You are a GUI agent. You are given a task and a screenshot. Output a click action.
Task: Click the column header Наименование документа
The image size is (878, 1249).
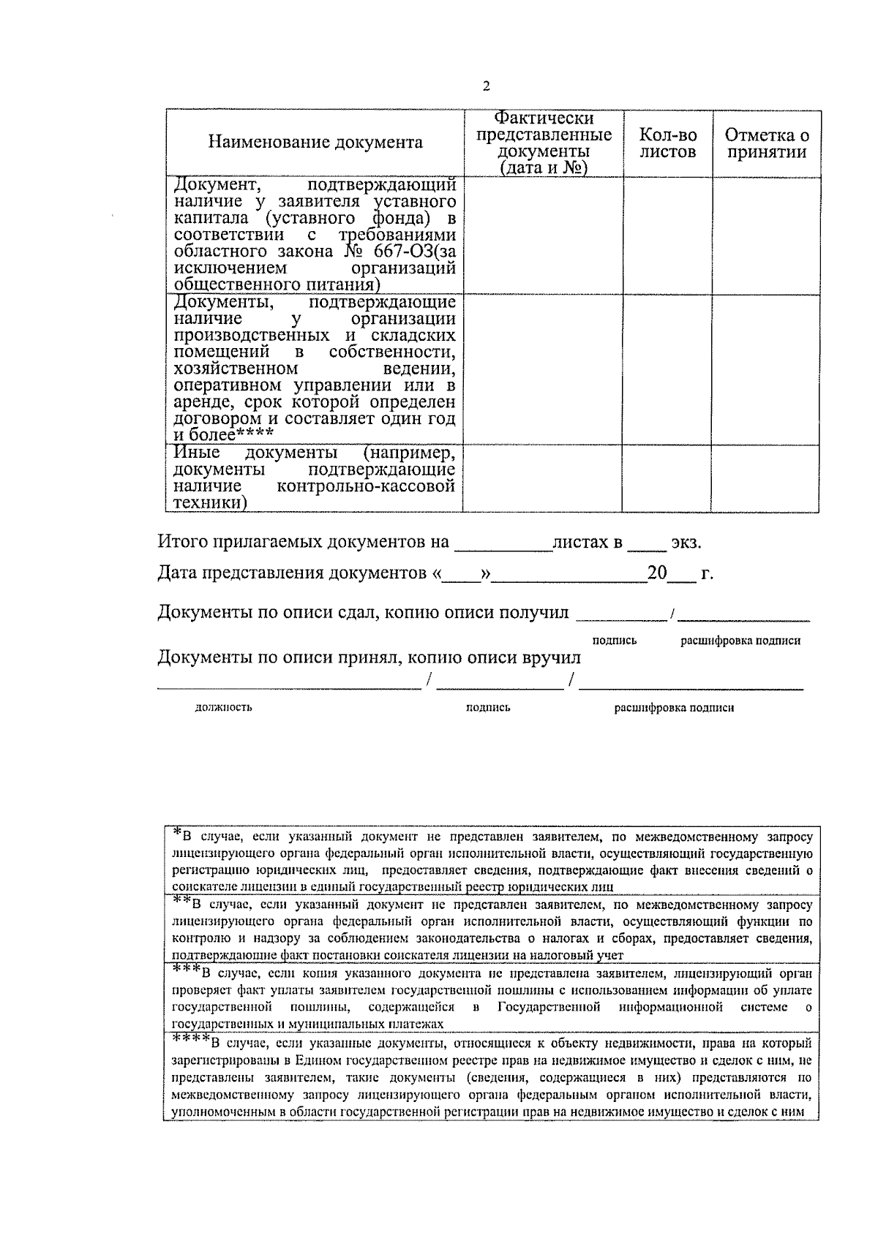click(x=315, y=142)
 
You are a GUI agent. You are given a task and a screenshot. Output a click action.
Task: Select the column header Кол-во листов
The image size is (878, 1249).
click(x=667, y=143)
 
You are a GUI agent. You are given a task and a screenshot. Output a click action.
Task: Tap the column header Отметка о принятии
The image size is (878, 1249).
click(x=766, y=143)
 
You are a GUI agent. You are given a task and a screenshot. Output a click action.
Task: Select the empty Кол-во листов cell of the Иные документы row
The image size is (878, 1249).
click(x=666, y=478)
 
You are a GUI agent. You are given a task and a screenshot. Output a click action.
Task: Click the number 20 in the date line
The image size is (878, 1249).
click(x=656, y=573)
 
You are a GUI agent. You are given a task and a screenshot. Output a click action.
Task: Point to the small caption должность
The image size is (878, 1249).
click(x=224, y=708)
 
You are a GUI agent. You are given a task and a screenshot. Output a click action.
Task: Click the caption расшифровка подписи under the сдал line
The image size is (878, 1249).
click(x=740, y=641)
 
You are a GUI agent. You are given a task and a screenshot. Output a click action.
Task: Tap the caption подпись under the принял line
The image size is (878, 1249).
click(x=488, y=708)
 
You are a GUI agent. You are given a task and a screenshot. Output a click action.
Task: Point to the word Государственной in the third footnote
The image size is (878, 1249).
click(x=548, y=1008)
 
